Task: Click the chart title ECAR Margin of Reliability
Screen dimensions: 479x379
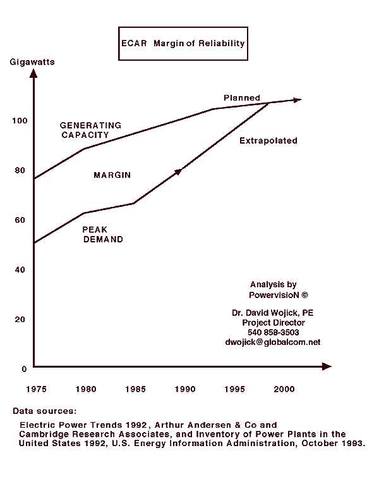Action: coord(182,44)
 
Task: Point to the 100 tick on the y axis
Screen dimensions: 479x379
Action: coord(20,120)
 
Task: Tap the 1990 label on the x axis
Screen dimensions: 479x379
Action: coord(184,389)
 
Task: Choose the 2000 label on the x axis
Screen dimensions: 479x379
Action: coord(282,389)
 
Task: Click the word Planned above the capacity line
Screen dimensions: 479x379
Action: coord(242,98)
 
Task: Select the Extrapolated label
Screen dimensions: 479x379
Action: coord(268,140)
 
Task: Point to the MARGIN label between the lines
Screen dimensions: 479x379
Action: coord(112,175)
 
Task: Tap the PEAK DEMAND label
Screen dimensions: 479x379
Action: coord(103,235)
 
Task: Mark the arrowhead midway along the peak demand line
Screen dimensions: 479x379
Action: coord(178,171)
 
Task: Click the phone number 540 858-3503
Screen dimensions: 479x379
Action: coord(274,332)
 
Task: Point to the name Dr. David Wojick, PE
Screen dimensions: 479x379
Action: coord(274,313)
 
